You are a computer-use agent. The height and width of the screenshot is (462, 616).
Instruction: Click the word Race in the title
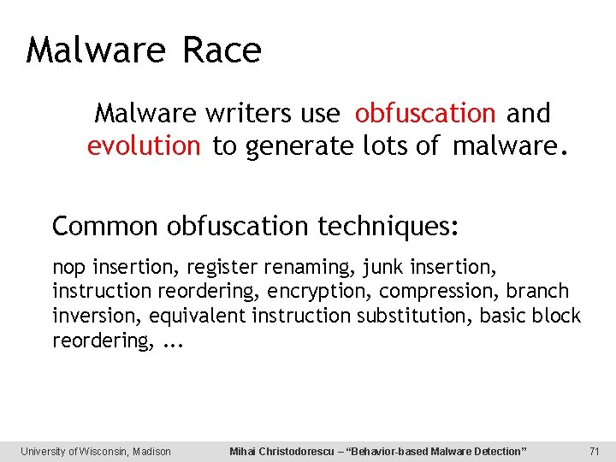click(222, 50)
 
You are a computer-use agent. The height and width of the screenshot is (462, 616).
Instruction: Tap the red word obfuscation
click(425, 113)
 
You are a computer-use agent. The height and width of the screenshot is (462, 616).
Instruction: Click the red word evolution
click(143, 146)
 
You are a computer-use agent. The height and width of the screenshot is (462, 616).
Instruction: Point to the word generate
click(298, 147)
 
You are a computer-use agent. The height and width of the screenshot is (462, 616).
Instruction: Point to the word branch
click(537, 291)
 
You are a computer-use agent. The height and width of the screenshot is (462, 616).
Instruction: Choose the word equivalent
click(197, 316)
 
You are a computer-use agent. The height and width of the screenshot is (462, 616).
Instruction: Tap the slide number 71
click(595, 451)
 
